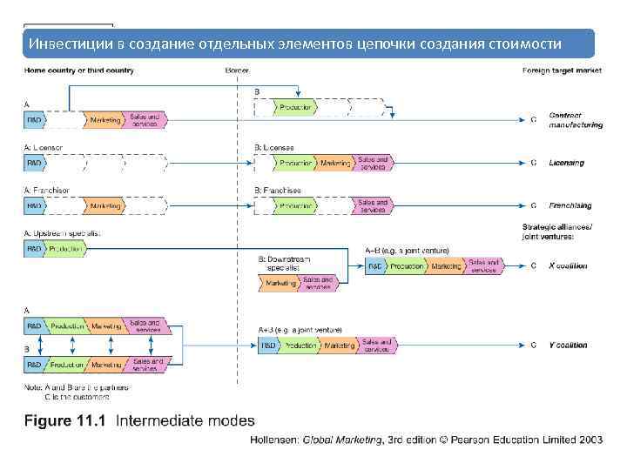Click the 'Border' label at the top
[x=237, y=70]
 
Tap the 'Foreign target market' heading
[x=562, y=70]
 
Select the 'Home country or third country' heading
[x=79, y=70]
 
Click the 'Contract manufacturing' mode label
[x=575, y=120]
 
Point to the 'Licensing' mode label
[x=566, y=163]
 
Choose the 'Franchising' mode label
[x=570, y=206]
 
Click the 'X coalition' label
[x=568, y=266]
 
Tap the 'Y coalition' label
[x=568, y=346]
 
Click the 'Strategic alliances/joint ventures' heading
[x=558, y=232]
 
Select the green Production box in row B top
[x=296, y=108]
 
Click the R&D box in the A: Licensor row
[x=34, y=163]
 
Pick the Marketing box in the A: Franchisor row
[x=104, y=206]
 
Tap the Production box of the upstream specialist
[x=66, y=249]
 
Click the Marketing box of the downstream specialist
[x=281, y=283]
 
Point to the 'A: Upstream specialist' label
[x=62, y=233]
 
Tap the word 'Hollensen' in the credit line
[x=274, y=440]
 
